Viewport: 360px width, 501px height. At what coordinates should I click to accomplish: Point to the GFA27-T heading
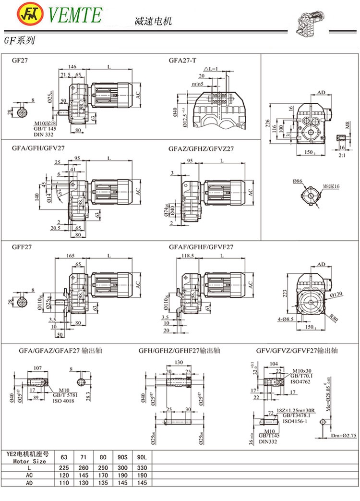[182, 61]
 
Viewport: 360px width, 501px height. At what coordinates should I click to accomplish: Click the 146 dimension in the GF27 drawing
[72, 67]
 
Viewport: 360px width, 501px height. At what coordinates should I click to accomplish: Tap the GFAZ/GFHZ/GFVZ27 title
[201, 149]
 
